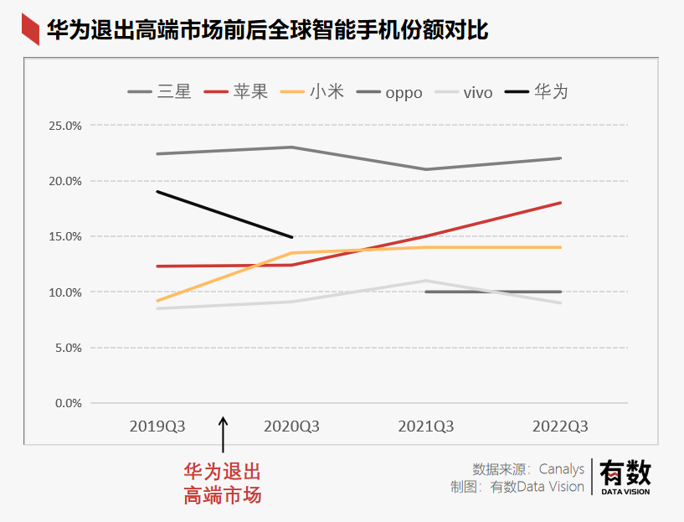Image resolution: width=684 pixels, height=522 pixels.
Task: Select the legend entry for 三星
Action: pyautogui.click(x=160, y=91)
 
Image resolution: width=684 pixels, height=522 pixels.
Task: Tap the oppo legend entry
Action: pyautogui.click(x=390, y=92)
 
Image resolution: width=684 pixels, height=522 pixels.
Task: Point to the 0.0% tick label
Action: pyautogui.click(x=68, y=403)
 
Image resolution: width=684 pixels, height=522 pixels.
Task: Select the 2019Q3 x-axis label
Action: pyautogui.click(x=157, y=426)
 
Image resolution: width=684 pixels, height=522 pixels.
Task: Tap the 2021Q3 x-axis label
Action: pyautogui.click(x=426, y=426)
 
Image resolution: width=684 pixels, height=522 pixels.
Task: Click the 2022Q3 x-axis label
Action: pyautogui.click(x=560, y=426)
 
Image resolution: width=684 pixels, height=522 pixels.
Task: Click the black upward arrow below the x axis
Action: pyautogui.click(x=224, y=435)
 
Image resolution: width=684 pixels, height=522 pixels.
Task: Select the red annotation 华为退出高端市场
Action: pyautogui.click(x=223, y=483)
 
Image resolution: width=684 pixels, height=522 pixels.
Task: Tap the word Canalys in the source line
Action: pyautogui.click(x=561, y=468)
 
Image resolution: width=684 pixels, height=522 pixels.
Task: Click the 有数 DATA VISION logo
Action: pyautogui.click(x=625, y=477)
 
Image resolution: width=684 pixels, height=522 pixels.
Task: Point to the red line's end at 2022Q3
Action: pyautogui.click(x=560, y=203)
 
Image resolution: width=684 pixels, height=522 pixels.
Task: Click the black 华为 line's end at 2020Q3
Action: pyautogui.click(x=291, y=237)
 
